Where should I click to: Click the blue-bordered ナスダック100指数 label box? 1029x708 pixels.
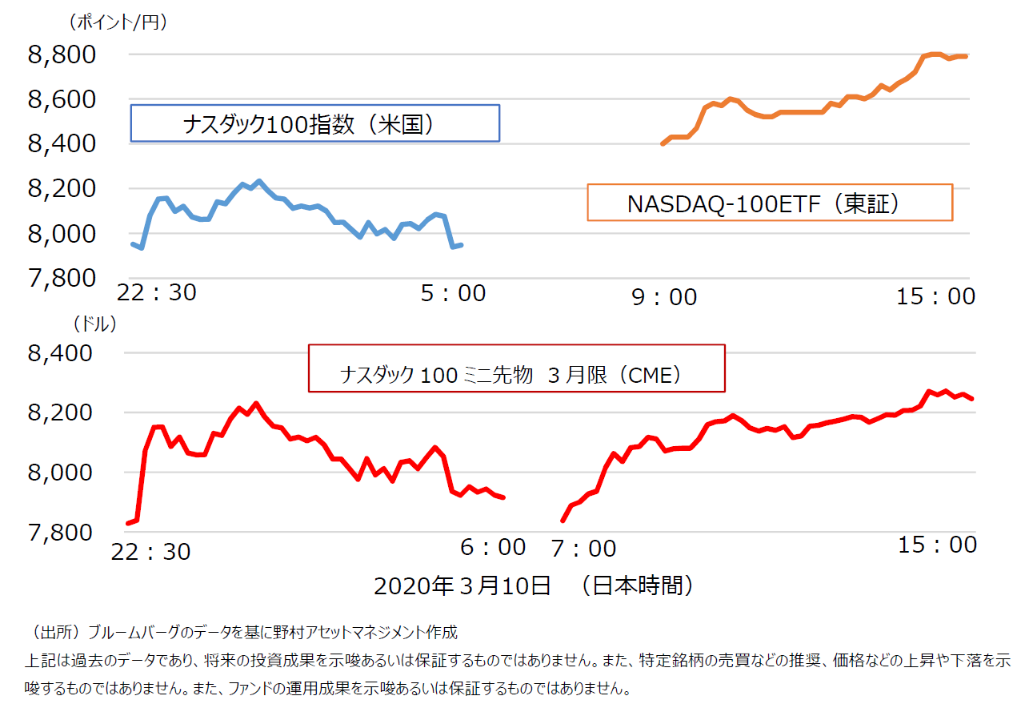(x=315, y=123)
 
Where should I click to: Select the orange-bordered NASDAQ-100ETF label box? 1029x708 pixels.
(x=770, y=203)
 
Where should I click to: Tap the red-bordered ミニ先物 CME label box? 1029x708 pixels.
(x=516, y=368)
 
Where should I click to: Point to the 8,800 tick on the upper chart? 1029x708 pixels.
(x=62, y=54)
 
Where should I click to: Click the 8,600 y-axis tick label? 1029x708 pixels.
(x=62, y=99)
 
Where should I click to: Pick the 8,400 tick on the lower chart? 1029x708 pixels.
(x=62, y=353)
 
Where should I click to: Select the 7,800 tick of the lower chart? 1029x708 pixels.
(x=62, y=532)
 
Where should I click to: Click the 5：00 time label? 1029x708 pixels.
(x=453, y=294)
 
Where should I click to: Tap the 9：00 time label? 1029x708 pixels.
(x=664, y=297)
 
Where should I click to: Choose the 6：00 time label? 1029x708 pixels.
(x=493, y=547)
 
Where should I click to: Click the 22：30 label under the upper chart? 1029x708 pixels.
(x=156, y=293)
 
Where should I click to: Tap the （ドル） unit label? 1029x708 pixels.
(x=94, y=324)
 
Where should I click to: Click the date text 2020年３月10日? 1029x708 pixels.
(x=462, y=586)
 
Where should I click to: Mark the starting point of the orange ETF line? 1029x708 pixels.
(x=662, y=144)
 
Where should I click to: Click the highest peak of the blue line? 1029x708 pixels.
(x=258, y=181)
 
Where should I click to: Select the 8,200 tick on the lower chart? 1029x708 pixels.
(x=62, y=412)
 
